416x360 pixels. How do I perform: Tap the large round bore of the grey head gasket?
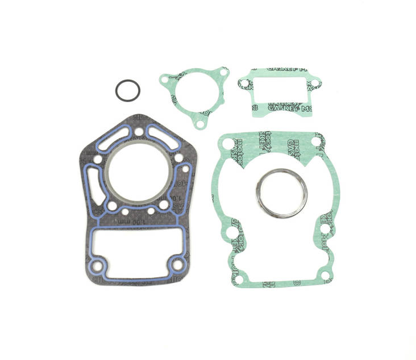pos(139,170)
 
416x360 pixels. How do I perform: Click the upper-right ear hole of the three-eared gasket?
pos(223,74)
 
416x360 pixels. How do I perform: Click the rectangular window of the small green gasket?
pos(278,91)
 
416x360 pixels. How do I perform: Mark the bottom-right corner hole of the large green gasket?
pos(325,275)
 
